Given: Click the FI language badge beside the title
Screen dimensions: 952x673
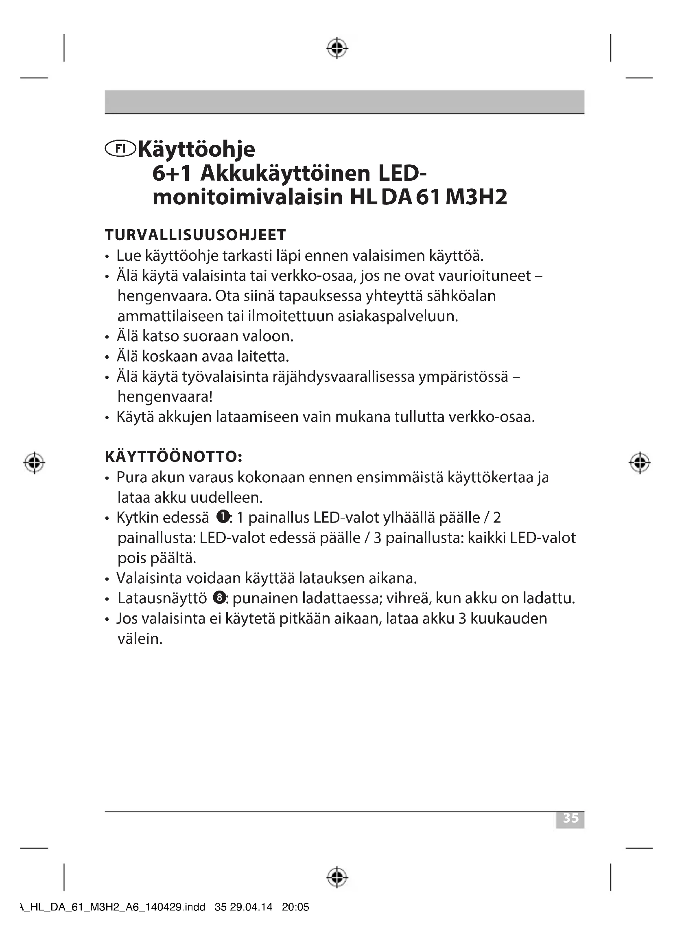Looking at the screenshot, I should coord(120,149).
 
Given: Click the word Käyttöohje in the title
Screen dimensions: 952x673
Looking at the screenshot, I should coord(197,150).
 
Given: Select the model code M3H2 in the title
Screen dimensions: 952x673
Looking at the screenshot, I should coord(476,197).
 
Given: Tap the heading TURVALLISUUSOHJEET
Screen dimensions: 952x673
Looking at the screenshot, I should coord(195,235).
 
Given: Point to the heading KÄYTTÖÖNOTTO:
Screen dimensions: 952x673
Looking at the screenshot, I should coord(174,457).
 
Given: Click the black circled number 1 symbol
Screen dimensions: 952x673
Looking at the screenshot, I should coord(223,517).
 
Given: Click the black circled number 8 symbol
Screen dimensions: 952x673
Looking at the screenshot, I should coord(219,597).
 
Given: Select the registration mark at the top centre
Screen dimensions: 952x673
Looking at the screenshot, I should coord(337,48).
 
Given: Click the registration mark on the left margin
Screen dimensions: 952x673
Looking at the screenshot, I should coord(35,462).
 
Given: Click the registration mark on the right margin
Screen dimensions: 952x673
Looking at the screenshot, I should coord(640,462).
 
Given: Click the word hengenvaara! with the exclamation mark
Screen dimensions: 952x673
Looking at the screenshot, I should coord(165,397).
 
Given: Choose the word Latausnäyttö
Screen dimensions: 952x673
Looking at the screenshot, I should coord(162,598).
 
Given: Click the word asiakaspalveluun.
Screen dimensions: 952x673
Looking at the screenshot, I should coord(398,316).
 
